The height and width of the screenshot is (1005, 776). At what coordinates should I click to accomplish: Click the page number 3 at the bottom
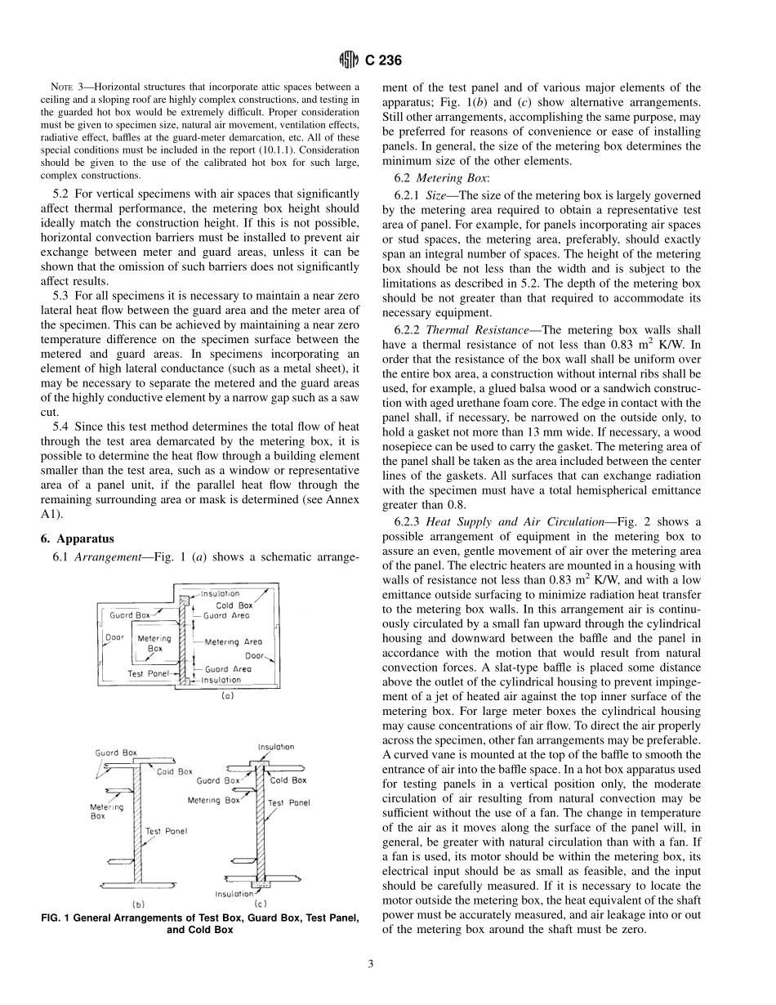click(370, 964)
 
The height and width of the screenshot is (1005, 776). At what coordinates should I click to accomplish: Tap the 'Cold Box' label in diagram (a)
click(234, 605)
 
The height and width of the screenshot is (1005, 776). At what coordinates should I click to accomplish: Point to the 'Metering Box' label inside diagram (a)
click(154, 643)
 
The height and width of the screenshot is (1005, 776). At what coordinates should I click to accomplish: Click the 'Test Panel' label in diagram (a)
click(148, 674)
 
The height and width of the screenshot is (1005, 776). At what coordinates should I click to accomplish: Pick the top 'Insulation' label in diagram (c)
click(276, 747)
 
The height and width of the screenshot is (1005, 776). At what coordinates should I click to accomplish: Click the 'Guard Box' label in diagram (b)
click(116, 753)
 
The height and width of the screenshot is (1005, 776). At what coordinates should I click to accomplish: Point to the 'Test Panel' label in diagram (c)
click(289, 802)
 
